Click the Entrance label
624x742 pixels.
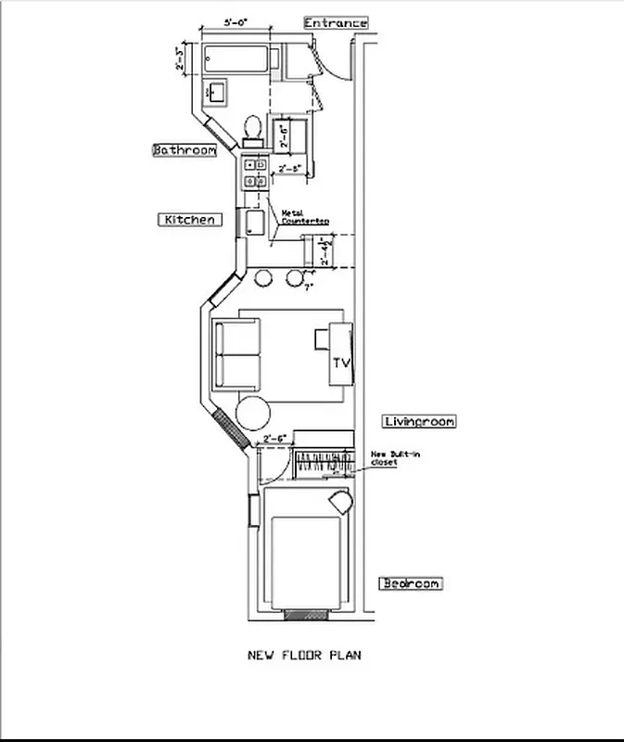(336, 22)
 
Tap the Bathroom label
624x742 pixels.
(185, 149)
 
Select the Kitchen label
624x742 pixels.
(190, 220)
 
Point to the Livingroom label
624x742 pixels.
(419, 421)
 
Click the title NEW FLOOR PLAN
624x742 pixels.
(304, 655)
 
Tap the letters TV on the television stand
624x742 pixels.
(341, 364)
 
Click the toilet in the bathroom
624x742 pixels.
(252, 129)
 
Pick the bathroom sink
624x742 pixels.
(218, 92)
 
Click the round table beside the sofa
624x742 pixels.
(254, 411)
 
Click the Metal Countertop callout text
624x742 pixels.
(305, 217)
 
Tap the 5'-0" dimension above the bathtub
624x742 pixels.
(235, 22)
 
